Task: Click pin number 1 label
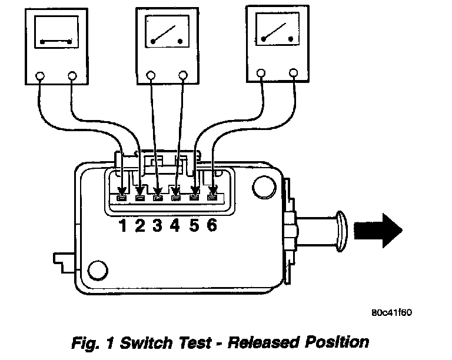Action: (123, 226)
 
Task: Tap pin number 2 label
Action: (140, 226)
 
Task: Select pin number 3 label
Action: (157, 226)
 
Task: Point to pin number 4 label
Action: (175, 226)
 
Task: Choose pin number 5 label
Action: (194, 226)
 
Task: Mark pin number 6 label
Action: (212, 226)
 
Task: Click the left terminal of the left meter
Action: (41, 76)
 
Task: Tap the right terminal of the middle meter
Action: (183, 75)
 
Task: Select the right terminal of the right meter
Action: (293, 73)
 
